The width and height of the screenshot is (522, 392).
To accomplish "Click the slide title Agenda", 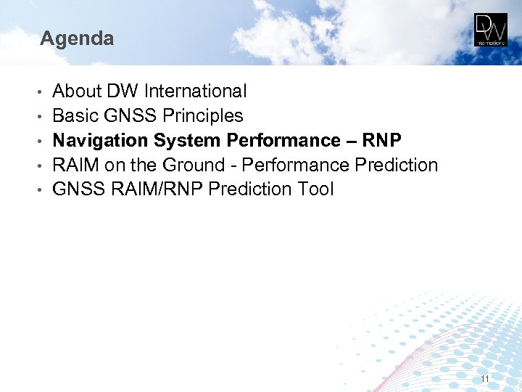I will click(x=77, y=38).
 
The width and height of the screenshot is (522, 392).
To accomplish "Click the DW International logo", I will click(x=491, y=30).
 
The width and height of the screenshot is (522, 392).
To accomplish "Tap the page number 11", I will click(x=484, y=380).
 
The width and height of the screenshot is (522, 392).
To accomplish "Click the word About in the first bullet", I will click(x=77, y=91).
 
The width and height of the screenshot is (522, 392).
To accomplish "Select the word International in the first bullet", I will click(x=195, y=91).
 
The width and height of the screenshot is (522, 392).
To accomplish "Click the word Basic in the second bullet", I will click(x=74, y=116).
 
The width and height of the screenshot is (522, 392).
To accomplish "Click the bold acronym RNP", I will click(x=381, y=140).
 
